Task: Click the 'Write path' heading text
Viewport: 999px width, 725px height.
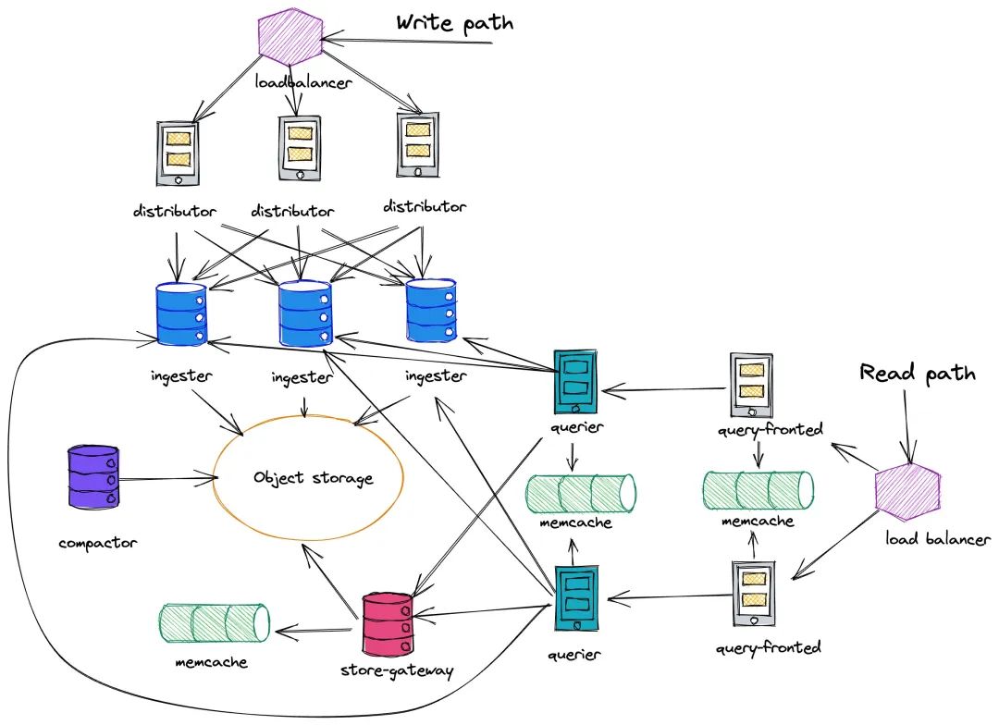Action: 454,23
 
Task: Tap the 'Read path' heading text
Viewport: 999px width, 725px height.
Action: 918,373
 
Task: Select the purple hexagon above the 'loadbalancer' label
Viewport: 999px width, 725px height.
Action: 290,36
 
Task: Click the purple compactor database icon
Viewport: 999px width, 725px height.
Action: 93,476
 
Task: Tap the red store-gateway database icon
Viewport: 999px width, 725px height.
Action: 388,625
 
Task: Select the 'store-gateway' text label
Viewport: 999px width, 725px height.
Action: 397,670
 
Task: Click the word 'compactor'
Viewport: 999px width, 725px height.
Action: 97,543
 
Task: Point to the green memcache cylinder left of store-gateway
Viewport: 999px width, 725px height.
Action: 214,622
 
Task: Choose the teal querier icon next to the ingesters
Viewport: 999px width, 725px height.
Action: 575,382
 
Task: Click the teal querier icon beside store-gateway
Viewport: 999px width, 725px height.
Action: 576,598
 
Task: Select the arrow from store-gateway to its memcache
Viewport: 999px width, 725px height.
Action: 314,632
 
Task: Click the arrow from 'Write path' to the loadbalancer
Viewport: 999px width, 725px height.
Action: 408,42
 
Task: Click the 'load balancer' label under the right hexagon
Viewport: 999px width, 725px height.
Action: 938,539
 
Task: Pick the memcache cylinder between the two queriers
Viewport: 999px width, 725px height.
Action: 581,494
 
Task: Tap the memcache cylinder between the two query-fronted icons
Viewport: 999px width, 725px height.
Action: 758,490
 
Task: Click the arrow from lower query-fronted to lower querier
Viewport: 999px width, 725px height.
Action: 669,597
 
